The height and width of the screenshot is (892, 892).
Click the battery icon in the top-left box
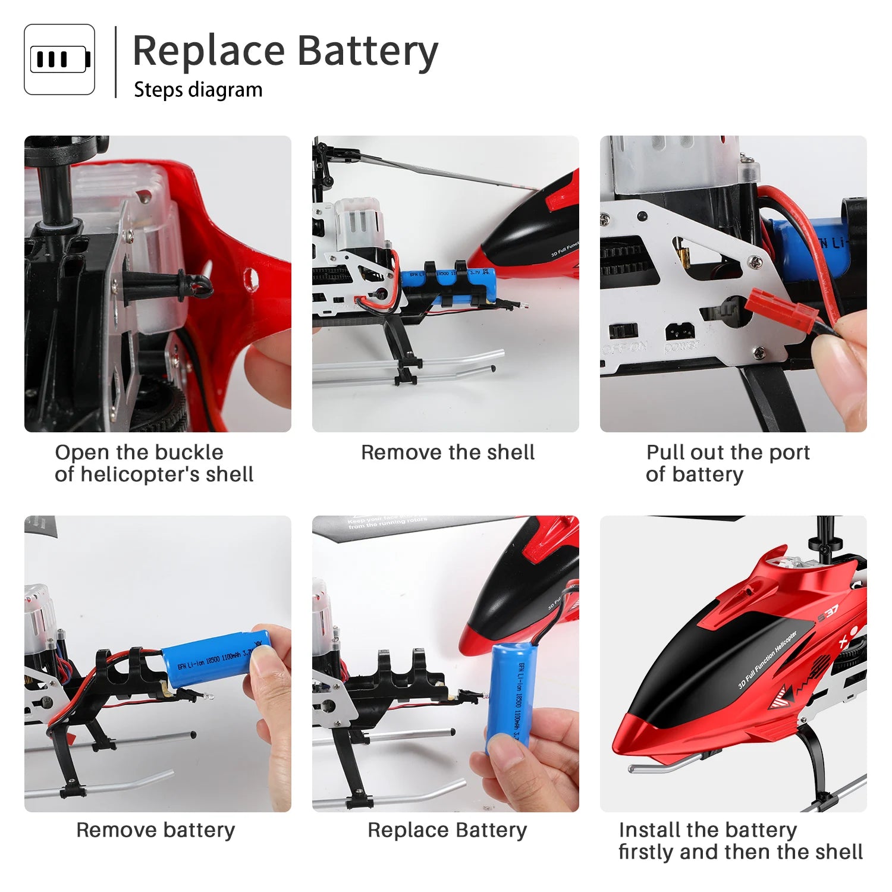[x=59, y=59]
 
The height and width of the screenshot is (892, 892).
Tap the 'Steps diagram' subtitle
[x=198, y=90]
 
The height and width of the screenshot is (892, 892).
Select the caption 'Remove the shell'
[x=447, y=453]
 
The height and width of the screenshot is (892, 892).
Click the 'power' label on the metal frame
[x=682, y=347]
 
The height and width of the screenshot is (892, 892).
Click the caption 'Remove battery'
[x=156, y=830]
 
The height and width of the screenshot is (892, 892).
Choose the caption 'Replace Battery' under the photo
[x=447, y=830]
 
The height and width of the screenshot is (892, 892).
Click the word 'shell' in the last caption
[x=838, y=852]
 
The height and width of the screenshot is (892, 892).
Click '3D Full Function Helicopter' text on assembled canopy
[x=767, y=660]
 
